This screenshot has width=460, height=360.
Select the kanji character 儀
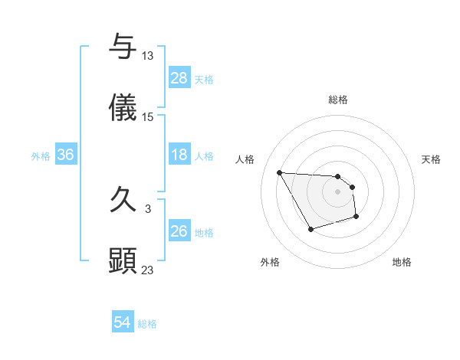point(123,108)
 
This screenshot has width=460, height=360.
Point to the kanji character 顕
point(123,261)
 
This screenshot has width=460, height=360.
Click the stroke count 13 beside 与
point(148,56)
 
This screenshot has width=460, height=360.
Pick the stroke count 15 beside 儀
point(148,117)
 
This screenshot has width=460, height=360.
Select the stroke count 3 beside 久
point(148,208)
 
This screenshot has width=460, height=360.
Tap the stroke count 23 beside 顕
point(148,270)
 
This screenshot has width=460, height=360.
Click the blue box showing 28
point(179,78)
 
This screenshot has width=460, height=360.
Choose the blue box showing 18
point(179,155)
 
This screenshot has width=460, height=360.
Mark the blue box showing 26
point(179,231)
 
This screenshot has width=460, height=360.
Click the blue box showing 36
point(66,155)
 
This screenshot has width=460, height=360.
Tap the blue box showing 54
point(123,323)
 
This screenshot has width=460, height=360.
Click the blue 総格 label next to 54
point(147,324)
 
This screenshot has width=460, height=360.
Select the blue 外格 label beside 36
point(41,156)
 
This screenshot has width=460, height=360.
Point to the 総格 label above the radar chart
point(338,100)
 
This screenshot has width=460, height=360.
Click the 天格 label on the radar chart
point(432,159)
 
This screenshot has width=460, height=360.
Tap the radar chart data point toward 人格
point(279,172)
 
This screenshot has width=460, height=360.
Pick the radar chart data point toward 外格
point(310,229)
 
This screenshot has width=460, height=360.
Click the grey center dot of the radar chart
point(337,191)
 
